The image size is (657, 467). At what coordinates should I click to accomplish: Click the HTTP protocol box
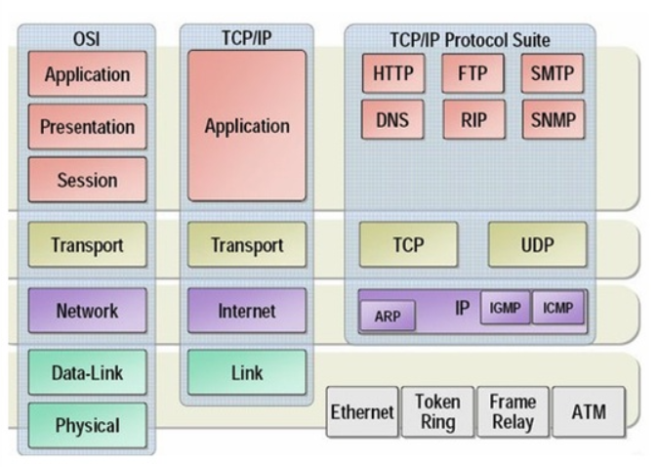click(392, 73)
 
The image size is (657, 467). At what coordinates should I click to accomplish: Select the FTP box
click(472, 73)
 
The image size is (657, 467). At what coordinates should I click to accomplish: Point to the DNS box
click(392, 122)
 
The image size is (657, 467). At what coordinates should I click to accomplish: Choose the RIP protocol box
click(472, 122)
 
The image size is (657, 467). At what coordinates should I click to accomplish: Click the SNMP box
click(553, 122)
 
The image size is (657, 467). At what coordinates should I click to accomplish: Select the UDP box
click(537, 244)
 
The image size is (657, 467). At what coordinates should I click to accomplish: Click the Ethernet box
click(361, 412)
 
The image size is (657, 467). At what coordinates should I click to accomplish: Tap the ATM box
click(590, 412)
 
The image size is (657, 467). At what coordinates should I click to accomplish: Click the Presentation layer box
click(88, 127)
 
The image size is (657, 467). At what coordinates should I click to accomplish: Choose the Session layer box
click(88, 180)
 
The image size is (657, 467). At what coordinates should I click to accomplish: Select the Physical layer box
click(88, 425)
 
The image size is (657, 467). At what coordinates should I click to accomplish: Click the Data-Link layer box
click(88, 372)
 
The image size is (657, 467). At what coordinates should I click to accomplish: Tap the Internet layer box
click(246, 311)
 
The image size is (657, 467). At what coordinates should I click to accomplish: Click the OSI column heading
click(88, 40)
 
